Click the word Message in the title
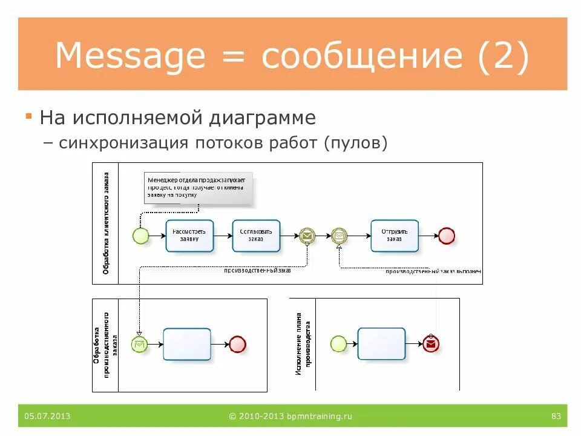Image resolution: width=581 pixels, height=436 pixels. (x=130, y=56)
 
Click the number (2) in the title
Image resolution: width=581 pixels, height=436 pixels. (x=504, y=56)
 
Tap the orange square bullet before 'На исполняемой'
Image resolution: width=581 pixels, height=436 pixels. (x=28, y=116)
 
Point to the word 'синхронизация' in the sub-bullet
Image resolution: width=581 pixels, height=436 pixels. (x=123, y=144)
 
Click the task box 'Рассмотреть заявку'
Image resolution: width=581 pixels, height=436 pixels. (x=189, y=236)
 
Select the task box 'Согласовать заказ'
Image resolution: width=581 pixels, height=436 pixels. (x=256, y=236)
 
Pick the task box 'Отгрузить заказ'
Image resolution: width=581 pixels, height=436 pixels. (x=395, y=236)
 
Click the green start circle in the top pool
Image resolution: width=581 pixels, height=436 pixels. (x=140, y=236)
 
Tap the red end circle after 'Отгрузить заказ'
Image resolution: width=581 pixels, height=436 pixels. (x=447, y=236)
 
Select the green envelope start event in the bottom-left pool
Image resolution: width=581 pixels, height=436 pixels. (x=140, y=345)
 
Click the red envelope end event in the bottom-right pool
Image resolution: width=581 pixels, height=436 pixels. (x=431, y=344)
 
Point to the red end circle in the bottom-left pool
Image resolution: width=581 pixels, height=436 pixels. (x=238, y=345)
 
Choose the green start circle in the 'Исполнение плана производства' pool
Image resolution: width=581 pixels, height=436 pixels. (x=338, y=344)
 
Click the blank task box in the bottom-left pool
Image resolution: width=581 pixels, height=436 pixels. (x=187, y=345)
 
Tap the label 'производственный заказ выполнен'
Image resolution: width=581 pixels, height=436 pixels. (x=433, y=272)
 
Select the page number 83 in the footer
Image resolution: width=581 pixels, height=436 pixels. (x=556, y=416)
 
